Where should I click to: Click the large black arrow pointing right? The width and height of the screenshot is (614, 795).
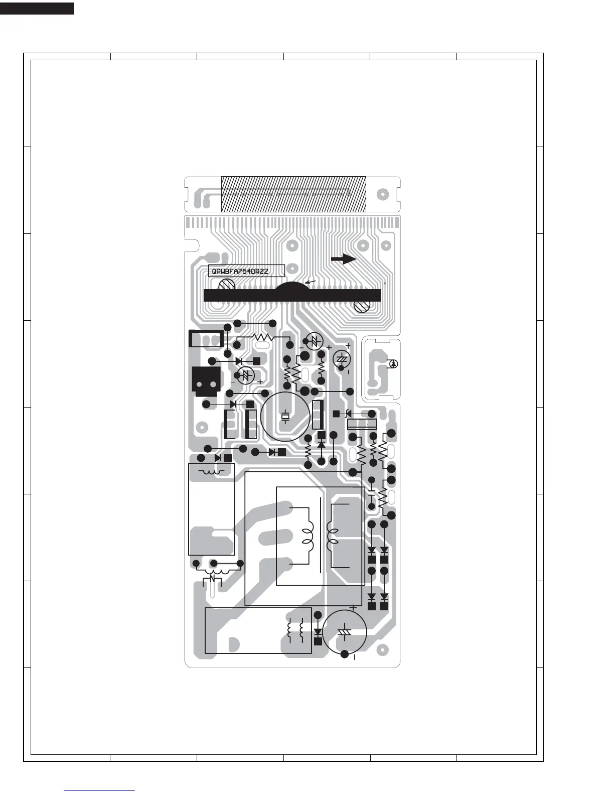tap(344, 259)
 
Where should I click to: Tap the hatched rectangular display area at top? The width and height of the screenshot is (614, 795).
tap(293, 194)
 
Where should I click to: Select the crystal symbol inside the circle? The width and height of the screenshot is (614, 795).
tap(285, 416)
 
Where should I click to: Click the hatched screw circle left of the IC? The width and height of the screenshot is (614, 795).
tap(227, 286)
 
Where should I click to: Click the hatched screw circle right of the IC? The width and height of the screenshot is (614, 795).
tap(361, 306)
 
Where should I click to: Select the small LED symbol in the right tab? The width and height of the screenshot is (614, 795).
tap(394, 364)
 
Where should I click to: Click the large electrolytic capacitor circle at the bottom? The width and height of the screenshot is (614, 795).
tap(345, 631)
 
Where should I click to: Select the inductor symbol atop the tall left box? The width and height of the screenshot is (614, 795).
tap(211, 472)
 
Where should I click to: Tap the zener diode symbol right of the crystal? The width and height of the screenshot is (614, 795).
tap(346, 414)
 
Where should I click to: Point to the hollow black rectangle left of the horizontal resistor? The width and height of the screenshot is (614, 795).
tap(206, 339)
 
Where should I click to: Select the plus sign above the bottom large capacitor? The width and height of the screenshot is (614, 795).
tap(353, 607)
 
